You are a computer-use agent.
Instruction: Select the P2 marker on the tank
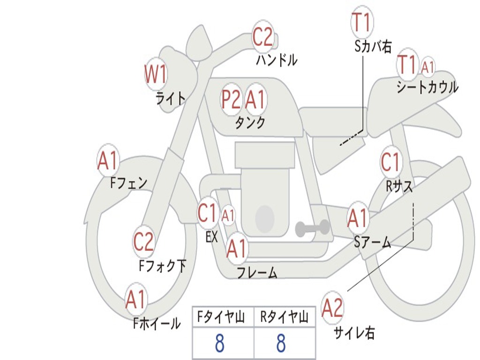click(x=231, y=99)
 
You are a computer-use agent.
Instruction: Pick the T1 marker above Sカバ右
click(x=360, y=23)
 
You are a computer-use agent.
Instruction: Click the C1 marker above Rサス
click(x=390, y=163)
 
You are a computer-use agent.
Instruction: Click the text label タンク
click(x=250, y=123)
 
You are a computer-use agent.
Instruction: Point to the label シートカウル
click(x=427, y=87)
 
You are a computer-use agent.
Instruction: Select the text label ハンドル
click(x=277, y=60)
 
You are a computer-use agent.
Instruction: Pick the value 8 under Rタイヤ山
click(x=280, y=344)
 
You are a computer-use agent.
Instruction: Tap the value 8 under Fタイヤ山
click(x=219, y=344)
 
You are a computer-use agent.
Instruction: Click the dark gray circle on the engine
click(x=264, y=218)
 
